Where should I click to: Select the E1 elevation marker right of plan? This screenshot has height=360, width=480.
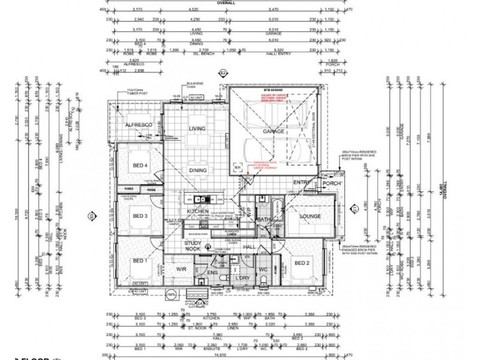click(x=355, y=209)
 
